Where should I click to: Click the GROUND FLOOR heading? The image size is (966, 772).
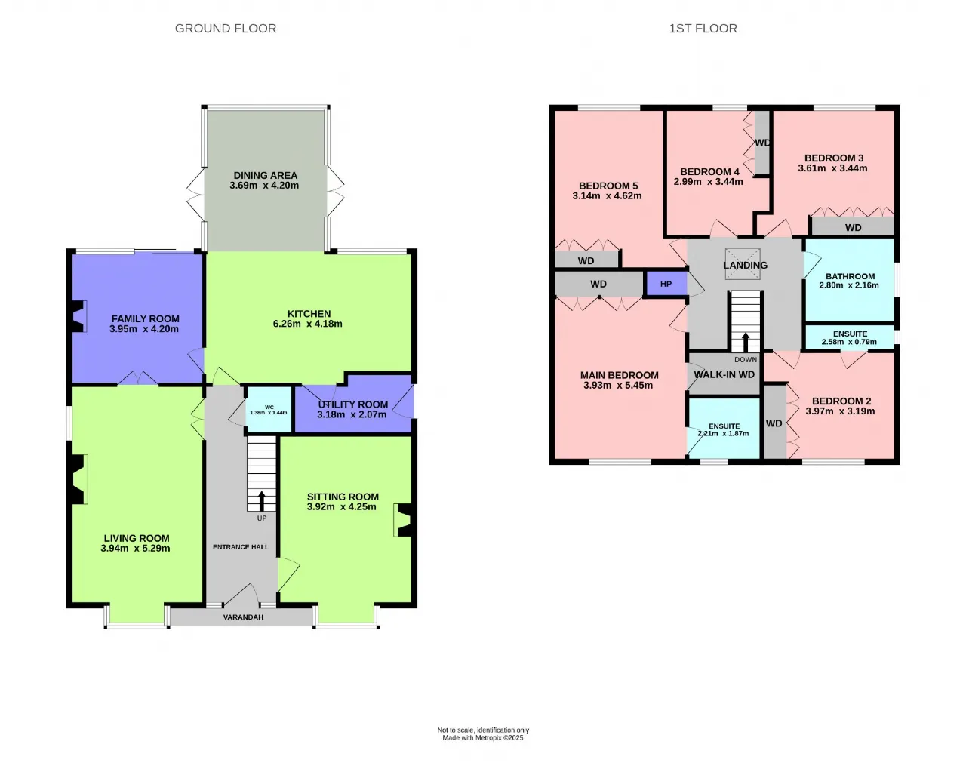226,28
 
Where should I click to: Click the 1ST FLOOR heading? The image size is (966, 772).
703,28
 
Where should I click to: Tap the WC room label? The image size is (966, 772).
269,407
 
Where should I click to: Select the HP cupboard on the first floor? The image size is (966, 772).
666,284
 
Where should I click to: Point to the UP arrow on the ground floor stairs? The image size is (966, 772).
262,501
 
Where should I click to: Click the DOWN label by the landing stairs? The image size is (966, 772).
746,359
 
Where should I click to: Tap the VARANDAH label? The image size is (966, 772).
243,617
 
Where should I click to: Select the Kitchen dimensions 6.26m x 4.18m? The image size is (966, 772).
307,324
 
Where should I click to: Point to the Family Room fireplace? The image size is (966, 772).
78,316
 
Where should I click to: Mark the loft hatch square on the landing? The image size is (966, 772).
743,264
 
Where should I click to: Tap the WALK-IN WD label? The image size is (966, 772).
724,374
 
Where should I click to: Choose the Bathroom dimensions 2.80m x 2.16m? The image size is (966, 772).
849,285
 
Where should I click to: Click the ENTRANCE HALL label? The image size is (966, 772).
241,546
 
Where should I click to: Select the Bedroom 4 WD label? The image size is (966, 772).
763,143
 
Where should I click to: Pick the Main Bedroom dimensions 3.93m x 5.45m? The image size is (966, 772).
618,385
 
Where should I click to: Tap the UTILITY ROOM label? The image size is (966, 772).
353,404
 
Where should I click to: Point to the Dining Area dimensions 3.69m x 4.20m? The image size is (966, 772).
264,186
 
